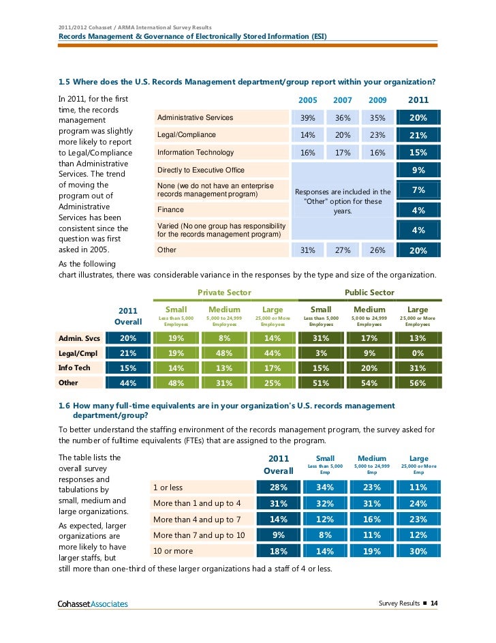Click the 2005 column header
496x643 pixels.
[x=307, y=100]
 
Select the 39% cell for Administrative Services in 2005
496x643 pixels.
[x=307, y=118]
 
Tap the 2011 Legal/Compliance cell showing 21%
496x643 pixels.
[x=418, y=135]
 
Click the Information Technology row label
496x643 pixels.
[x=196, y=152]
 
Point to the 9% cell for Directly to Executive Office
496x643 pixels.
[x=418, y=170]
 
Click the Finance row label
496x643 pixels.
[x=170, y=209]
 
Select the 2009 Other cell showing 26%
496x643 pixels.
[x=377, y=250]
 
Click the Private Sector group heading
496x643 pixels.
[x=224, y=293]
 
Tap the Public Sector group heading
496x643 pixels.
[x=369, y=293]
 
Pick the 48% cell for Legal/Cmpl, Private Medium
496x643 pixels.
[x=224, y=353]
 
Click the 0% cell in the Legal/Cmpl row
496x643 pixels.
[x=418, y=353]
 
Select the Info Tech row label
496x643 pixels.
[x=74, y=368]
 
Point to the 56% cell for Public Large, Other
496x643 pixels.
[x=418, y=383]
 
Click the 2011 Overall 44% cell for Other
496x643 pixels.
[x=128, y=383]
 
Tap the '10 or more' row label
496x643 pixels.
[x=173, y=551]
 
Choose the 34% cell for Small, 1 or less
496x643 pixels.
[x=325, y=487]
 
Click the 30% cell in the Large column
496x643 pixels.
[x=418, y=551]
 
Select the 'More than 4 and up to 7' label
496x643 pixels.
[x=197, y=519]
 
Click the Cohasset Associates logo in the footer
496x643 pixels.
[x=93, y=603]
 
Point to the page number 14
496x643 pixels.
[x=434, y=603]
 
